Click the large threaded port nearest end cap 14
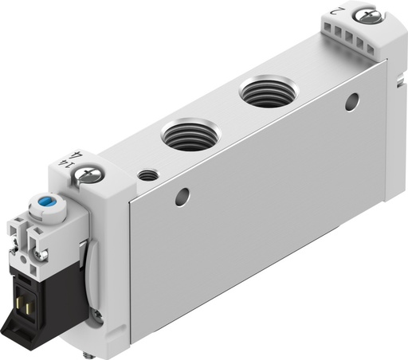[x=185, y=135]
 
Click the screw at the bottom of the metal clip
[x=97, y=319]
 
